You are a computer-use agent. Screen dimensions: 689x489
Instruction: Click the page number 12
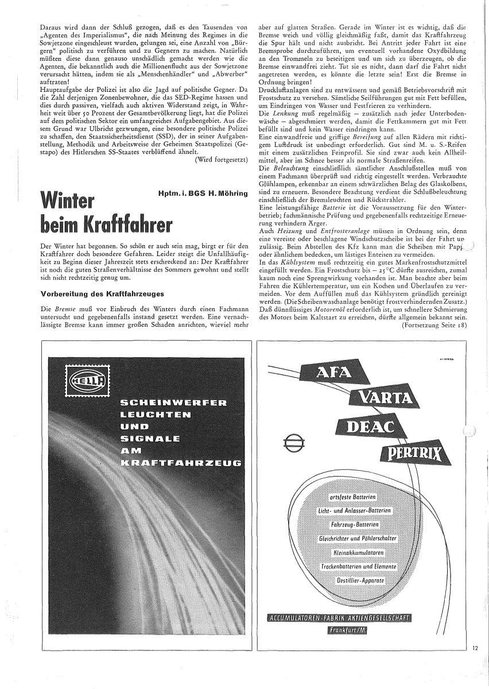pos(475,648)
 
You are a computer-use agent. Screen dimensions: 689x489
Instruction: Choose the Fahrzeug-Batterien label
pos(354,525)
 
